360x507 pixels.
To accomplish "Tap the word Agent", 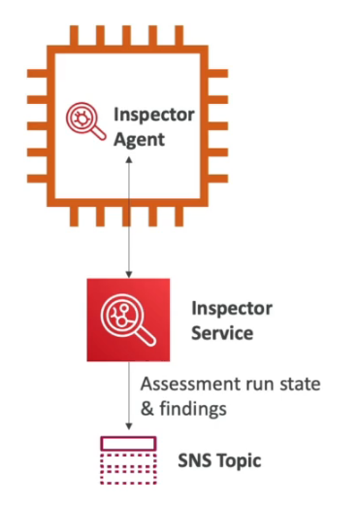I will [x=140, y=139].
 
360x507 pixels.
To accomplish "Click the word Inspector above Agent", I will [x=154, y=114].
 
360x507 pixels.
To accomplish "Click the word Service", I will [x=222, y=333].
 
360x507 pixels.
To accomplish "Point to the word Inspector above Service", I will [x=234, y=308].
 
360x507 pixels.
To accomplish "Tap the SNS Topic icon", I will [x=129, y=457].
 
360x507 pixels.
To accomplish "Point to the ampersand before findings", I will [x=148, y=408].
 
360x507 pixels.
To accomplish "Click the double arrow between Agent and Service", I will [x=129, y=218].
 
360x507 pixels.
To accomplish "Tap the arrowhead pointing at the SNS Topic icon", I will [x=129, y=430].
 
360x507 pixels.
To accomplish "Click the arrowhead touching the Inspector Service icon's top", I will [x=129, y=274].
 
